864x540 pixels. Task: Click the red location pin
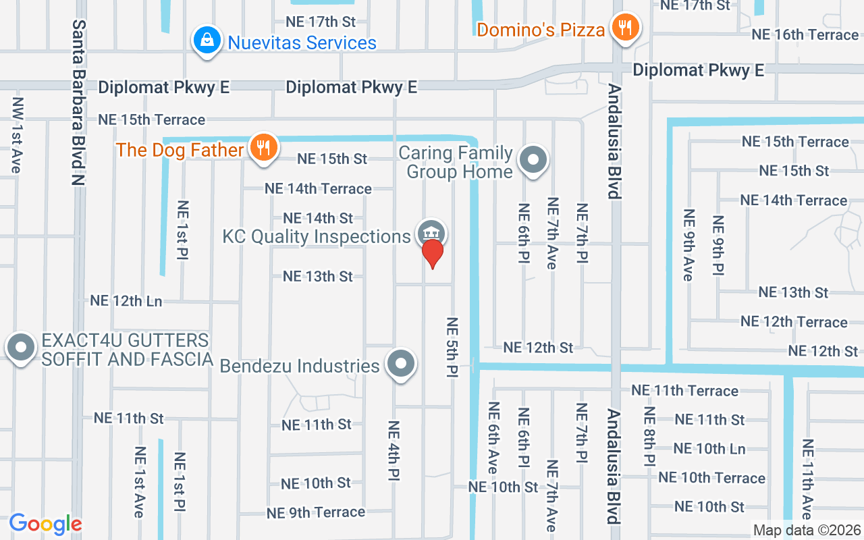[432, 253]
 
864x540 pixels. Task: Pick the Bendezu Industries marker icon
[401, 363]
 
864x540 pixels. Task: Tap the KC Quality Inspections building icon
[431, 234]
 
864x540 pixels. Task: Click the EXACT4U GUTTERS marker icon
[20, 348]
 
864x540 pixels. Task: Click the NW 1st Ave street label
[17, 135]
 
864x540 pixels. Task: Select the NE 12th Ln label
[126, 301]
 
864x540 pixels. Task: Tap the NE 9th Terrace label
[315, 512]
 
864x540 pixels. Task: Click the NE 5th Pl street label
[452, 347]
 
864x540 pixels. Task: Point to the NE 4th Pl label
[394, 450]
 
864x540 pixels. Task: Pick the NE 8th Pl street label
[649, 436]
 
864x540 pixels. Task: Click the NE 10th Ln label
[709, 449]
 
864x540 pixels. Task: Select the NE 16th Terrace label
[805, 34]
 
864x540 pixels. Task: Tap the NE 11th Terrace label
[684, 390]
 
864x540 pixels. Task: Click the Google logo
[45, 524]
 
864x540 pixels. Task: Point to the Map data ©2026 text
[806, 530]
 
